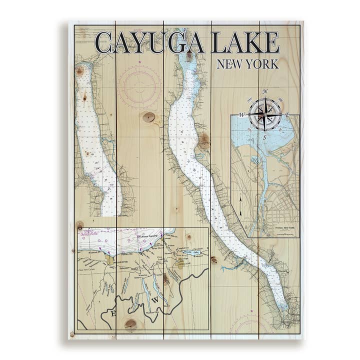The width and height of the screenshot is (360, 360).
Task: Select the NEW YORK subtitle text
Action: (247, 64)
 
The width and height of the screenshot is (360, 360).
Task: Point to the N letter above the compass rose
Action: (265, 91)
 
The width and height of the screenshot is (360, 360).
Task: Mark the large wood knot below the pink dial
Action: (148, 117)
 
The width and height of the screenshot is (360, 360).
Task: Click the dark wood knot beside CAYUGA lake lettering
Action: (203, 141)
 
